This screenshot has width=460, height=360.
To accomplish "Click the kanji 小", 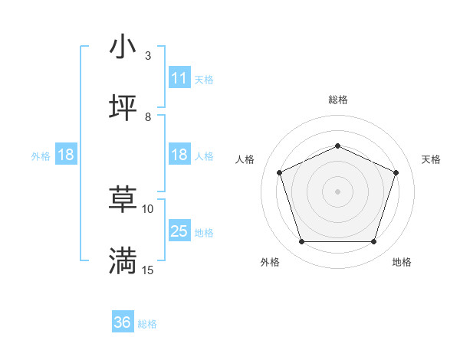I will [123, 47].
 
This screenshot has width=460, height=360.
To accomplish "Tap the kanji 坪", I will [123, 108].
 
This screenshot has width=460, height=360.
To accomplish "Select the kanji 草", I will [123, 201].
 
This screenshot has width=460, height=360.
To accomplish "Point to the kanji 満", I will [123, 261].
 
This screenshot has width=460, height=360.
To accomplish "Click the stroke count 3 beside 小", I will [148, 56].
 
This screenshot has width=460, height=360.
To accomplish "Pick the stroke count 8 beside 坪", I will [148, 116].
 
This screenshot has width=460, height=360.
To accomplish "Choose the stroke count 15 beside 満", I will [148, 270].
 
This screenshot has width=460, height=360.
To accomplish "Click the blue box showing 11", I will [179, 77].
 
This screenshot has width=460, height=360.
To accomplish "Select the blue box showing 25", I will [179, 231].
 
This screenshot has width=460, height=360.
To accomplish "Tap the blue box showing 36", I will [123, 323].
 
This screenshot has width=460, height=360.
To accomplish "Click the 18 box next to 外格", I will [66, 155].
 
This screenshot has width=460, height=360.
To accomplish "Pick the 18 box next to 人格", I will [179, 155].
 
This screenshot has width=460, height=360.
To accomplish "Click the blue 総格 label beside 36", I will [147, 324].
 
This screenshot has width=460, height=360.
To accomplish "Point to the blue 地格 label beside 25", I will [204, 232].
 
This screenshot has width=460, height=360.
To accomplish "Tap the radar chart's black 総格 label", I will [337, 100].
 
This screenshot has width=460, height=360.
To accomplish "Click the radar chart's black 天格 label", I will [431, 159].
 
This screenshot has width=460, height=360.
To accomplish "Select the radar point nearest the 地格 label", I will [373, 242].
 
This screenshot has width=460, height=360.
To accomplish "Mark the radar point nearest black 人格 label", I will [279, 172].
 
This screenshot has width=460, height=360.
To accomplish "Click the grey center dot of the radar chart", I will [337, 191].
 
